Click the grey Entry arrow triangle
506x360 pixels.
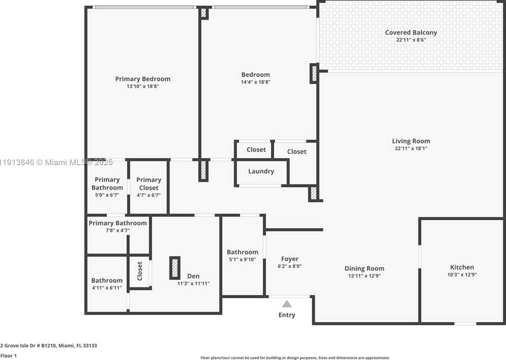pos(287,304)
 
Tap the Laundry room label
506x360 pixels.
pos(261,171)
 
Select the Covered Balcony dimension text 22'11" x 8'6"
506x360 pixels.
pos(411,40)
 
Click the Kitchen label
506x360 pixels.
pos(462,267)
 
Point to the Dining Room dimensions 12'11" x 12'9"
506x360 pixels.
pos(365,276)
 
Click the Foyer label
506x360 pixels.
pos(289,259)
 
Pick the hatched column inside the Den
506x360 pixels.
pos(175,268)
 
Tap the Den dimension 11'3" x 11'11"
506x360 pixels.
pos(193,283)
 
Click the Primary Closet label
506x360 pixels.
pos(149,184)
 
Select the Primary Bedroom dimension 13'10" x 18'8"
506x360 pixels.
pos(143,86)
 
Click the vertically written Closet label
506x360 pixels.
pos(140,271)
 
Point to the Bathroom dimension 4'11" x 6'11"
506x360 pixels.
pos(107,288)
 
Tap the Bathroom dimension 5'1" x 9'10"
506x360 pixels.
pos(243,259)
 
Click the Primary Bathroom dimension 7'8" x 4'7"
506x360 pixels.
pos(118,230)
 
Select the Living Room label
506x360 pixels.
pos(411,141)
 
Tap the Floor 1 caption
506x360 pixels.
pos(8,356)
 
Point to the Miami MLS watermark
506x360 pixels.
pos(56,162)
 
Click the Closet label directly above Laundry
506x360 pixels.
pos(256,149)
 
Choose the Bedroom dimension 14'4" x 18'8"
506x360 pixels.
pos(255,82)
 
